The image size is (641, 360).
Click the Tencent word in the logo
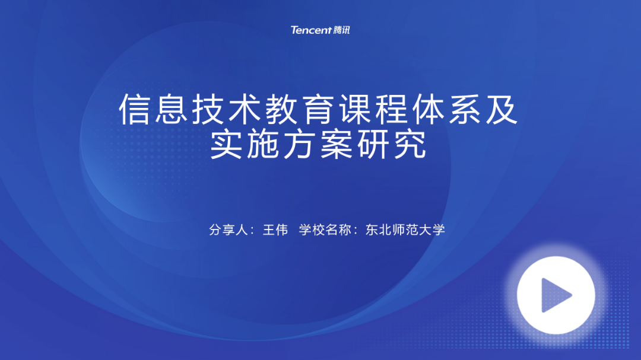pyautogui.click(x=311, y=30)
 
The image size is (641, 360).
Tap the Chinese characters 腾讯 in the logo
pyautogui.click(x=342, y=30)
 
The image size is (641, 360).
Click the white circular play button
pyautogui.click(x=556, y=295)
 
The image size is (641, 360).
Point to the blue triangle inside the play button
pyautogui.click(x=556, y=295)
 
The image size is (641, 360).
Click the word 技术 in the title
pyautogui.click(x=227, y=109)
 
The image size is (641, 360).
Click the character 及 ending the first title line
pyautogui.click(x=502, y=109)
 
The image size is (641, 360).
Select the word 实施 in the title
pyautogui.click(x=245, y=144)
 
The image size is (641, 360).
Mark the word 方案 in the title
pyautogui.click(x=319, y=144)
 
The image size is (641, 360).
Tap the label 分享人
pyautogui.click(x=229, y=230)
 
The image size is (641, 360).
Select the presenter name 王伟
pyautogui.click(x=275, y=230)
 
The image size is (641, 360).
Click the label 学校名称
pyautogui.click(x=325, y=230)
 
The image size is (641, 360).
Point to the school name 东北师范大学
pyautogui.click(x=405, y=230)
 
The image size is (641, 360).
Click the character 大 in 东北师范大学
pyautogui.click(x=425, y=230)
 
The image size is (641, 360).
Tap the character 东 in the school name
pyautogui.click(x=372, y=230)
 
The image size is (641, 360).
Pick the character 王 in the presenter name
pyautogui.click(x=269, y=230)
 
